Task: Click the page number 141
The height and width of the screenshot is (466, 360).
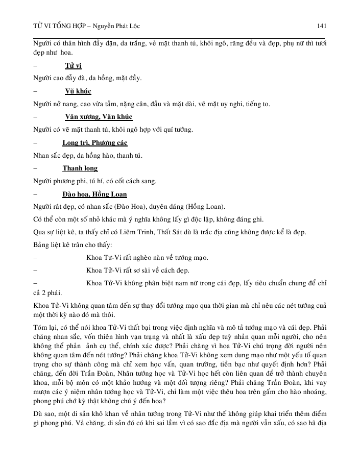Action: [322, 26]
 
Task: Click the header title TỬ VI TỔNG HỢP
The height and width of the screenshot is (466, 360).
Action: [58, 26]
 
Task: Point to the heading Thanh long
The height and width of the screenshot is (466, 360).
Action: [80, 168]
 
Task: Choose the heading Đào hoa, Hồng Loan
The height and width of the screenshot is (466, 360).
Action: [94, 194]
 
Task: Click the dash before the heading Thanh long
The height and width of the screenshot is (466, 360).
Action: [34, 168]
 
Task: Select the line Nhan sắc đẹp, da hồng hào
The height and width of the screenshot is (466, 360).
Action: [88, 155]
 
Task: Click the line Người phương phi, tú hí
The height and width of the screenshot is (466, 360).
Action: [94, 181]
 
